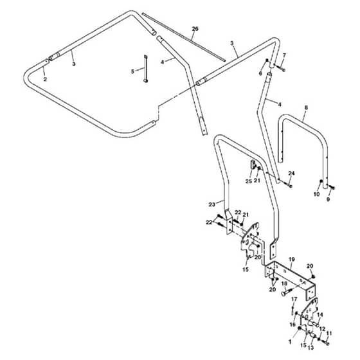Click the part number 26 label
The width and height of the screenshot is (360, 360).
195,29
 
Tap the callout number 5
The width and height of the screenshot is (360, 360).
132,71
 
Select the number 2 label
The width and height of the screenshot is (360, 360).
45,80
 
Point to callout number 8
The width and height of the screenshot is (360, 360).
306,107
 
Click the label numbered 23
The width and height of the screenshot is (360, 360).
212,204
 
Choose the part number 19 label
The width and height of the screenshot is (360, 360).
292,260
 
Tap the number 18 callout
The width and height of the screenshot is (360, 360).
284,283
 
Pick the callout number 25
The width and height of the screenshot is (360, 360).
249,181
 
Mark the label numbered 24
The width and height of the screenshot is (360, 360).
291,173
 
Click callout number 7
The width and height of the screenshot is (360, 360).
284,55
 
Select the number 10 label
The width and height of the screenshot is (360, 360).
316,194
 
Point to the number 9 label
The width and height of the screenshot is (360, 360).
328,199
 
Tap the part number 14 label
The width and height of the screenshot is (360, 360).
320,315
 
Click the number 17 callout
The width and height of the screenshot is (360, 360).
294,299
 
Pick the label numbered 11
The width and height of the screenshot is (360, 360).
329,333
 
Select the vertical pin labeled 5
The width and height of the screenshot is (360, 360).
145,68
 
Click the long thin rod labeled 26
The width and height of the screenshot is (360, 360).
184,37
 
